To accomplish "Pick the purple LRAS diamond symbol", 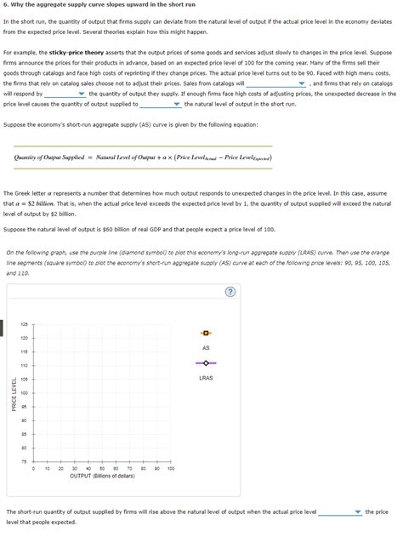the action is tap(206, 362).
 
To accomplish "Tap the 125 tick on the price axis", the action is tap(25, 324).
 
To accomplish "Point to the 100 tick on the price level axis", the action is tap(25, 393).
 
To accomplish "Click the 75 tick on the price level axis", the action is tap(25, 461).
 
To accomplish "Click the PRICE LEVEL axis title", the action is tap(14, 393).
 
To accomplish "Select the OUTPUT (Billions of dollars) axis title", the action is tap(102, 477).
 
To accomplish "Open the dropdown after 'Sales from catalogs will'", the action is tap(277, 84).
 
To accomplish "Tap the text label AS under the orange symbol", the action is tap(206, 348).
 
